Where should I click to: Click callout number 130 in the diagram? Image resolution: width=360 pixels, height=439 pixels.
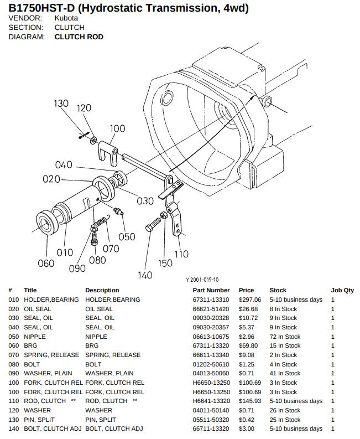(x=61, y=104)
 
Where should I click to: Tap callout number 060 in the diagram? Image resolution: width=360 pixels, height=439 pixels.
(x=46, y=263)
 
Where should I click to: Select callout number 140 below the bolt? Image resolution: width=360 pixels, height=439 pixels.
(x=145, y=275)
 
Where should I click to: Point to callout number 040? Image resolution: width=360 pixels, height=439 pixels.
(x=64, y=165)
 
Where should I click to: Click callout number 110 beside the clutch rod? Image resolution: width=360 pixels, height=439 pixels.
(x=181, y=254)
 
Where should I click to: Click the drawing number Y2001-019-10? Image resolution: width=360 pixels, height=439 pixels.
(x=202, y=280)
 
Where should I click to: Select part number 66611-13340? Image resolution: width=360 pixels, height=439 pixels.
(x=211, y=355)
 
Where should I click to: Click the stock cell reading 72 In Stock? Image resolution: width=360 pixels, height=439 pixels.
(x=285, y=337)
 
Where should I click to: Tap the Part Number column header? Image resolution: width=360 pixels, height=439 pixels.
(x=211, y=290)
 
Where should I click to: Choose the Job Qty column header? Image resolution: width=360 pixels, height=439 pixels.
(x=342, y=290)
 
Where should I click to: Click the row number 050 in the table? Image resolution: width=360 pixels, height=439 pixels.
(x=13, y=337)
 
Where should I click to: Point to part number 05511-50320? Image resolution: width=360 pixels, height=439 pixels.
(x=211, y=420)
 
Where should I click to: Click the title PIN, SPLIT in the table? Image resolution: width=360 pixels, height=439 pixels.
(x=39, y=420)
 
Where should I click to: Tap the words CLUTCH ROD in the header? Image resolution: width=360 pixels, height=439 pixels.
(x=79, y=37)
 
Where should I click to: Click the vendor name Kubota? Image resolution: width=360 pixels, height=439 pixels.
(x=66, y=18)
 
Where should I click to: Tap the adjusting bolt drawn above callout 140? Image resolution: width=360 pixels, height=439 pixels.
(x=153, y=225)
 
